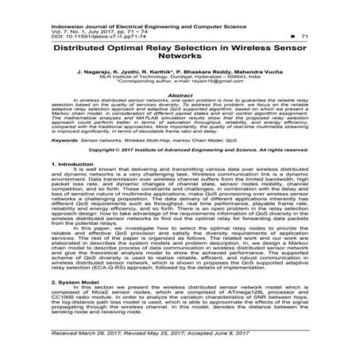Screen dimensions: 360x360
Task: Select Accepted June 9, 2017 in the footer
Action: pyautogui.click(x=250, y=335)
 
